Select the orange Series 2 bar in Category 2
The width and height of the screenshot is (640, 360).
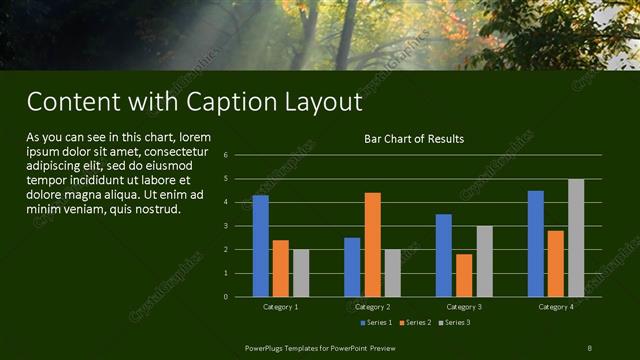(372, 245)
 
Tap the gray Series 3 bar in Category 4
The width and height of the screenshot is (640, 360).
(576, 238)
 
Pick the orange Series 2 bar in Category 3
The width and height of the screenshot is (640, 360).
(464, 275)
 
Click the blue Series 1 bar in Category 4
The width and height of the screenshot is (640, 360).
(536, 244)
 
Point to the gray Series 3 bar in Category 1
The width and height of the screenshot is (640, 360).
(301, 273)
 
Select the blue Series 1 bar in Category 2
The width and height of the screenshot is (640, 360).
(352, 267)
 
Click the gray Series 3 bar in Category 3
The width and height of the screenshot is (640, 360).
(484, 261)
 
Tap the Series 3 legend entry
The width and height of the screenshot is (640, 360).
(455, 322)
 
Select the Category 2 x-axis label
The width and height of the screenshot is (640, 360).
(372, 306)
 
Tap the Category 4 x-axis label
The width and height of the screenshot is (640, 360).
(556, 306)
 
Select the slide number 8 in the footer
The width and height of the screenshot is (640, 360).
(589, 347)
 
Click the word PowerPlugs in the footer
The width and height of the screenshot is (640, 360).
(268, 347)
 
